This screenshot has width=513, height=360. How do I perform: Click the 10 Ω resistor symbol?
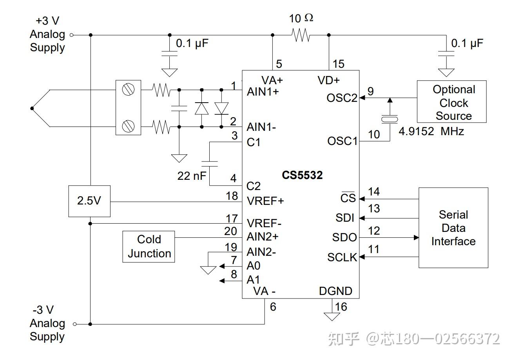click(301, 35)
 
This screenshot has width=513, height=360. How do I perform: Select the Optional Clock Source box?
click(451, 102)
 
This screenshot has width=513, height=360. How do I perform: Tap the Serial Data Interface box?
click(453, 228)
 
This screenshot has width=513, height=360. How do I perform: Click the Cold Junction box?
click(149, 246)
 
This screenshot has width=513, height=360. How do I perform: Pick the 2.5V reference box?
click(89, 201)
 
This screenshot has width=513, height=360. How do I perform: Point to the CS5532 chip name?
click(302, 175)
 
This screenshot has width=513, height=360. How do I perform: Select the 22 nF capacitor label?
click(192, 176)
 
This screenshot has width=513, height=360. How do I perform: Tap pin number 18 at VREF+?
click(232, 196)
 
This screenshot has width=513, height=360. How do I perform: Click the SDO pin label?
click(344, 237)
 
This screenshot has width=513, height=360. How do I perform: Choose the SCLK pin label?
click(342, 257)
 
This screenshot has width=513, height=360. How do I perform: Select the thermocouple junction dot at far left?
click(32, 109)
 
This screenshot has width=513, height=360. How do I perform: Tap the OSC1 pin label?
click(342, 141)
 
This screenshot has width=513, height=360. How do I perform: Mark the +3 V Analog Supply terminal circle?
click(71, 35)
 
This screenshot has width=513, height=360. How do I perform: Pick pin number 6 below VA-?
click(273, 307)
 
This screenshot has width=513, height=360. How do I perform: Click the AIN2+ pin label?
click(262, 237)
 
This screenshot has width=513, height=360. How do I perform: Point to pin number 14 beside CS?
click(374, 192)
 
